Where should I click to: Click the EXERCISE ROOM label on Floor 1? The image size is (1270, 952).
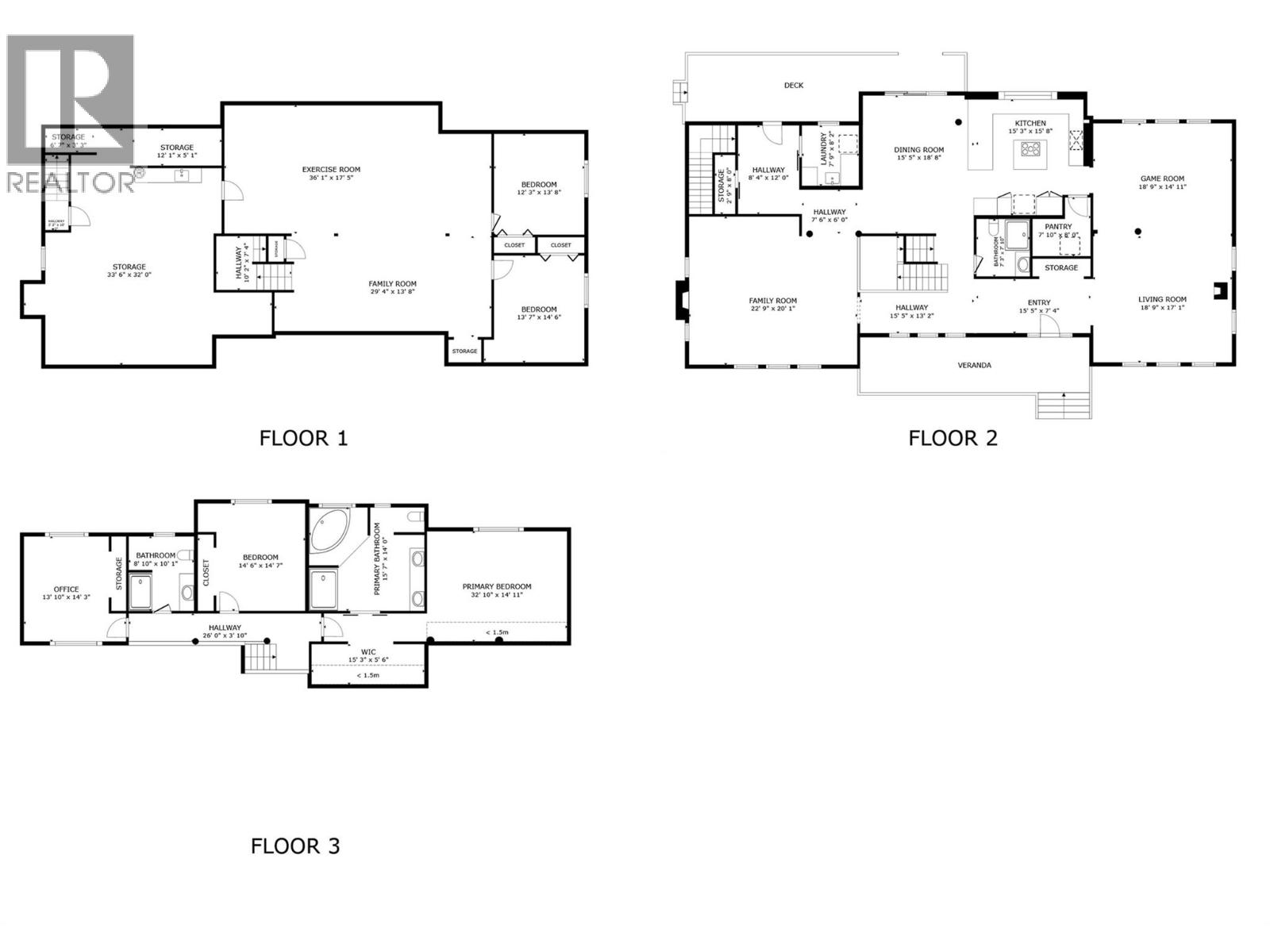331,169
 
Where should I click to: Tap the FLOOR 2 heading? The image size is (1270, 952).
952,438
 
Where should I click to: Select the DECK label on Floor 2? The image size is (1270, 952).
793,85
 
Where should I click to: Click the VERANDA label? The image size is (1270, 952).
974,366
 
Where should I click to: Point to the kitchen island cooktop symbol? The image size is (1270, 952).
1031,148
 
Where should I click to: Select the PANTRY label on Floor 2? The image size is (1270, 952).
1058,226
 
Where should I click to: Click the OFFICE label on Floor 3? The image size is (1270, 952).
66,589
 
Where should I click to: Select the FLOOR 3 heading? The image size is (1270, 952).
295,846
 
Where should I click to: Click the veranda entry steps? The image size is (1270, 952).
1063,405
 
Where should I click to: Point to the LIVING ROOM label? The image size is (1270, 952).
1162,300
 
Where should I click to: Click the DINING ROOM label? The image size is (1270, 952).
918,150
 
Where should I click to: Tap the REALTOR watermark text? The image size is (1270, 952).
70,182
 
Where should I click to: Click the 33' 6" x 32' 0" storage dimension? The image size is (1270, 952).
129,274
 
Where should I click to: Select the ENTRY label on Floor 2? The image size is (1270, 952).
1038,302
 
